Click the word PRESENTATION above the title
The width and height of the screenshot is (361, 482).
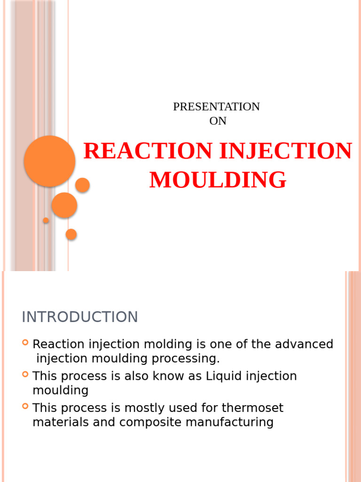click(216, 107)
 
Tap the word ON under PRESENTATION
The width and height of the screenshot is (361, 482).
click(218, 121)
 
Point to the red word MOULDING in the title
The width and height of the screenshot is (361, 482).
click(218, 180)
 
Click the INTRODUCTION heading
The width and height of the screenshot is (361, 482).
click(80, 317)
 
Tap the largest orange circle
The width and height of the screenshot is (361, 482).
click(49, 161)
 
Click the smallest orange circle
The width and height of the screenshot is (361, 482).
click(46, 220)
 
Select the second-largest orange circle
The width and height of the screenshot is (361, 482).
click(64, 205)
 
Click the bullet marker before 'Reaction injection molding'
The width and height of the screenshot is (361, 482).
click(25, 343)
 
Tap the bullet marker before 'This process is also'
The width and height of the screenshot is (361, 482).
click(25, 375)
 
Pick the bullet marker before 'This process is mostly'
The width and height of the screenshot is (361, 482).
click(25, 406)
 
